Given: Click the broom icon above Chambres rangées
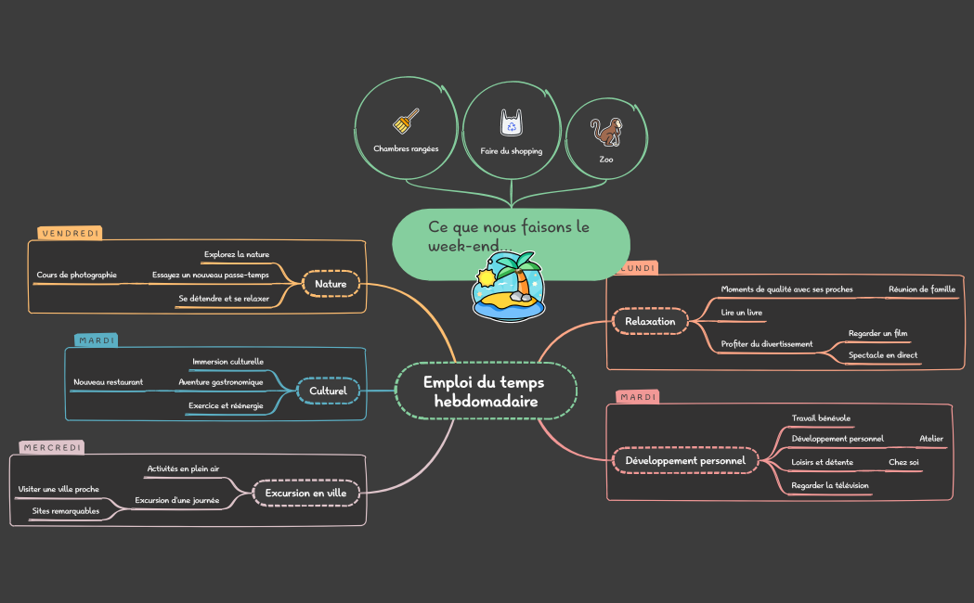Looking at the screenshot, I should point(407,122).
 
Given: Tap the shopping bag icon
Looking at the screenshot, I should point(511,122).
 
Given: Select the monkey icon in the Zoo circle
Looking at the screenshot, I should point(606,132).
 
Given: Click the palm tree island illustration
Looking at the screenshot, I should point(509,284).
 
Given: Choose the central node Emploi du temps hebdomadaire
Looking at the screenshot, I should point(486,391).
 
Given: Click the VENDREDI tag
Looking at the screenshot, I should point(70,233).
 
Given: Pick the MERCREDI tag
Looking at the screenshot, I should point(52,447).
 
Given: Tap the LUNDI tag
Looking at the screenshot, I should point(634,268).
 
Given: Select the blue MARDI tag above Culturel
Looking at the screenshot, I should point(97,340).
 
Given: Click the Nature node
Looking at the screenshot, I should point(331,284).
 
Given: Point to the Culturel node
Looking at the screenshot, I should point(328,391).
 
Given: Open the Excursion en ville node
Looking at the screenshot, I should point(305,493).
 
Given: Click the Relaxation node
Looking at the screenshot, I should point(650,321).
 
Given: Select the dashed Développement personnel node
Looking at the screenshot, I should point(685,460).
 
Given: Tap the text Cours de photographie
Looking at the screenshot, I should point(77,275).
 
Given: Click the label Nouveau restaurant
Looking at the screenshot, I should point(108,381).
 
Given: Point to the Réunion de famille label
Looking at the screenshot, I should point(921,289).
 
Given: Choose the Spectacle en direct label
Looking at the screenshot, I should point(882,354).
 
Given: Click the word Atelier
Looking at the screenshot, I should point(930,438).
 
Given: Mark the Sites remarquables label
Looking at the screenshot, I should point(65,510).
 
